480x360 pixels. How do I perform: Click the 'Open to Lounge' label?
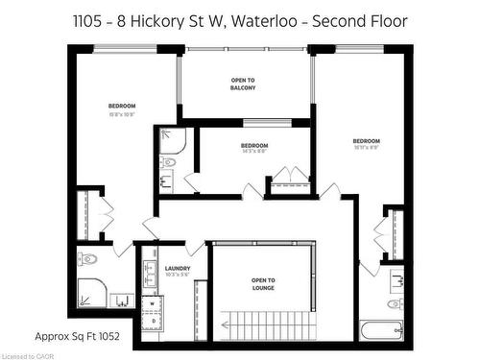click(264, 283)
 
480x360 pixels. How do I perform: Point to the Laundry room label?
click(178, 269)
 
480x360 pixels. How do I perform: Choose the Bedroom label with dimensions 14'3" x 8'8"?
click(254, 146)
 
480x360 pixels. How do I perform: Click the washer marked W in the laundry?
click(151, 302)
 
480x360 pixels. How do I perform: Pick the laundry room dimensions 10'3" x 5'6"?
click(178, 276)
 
